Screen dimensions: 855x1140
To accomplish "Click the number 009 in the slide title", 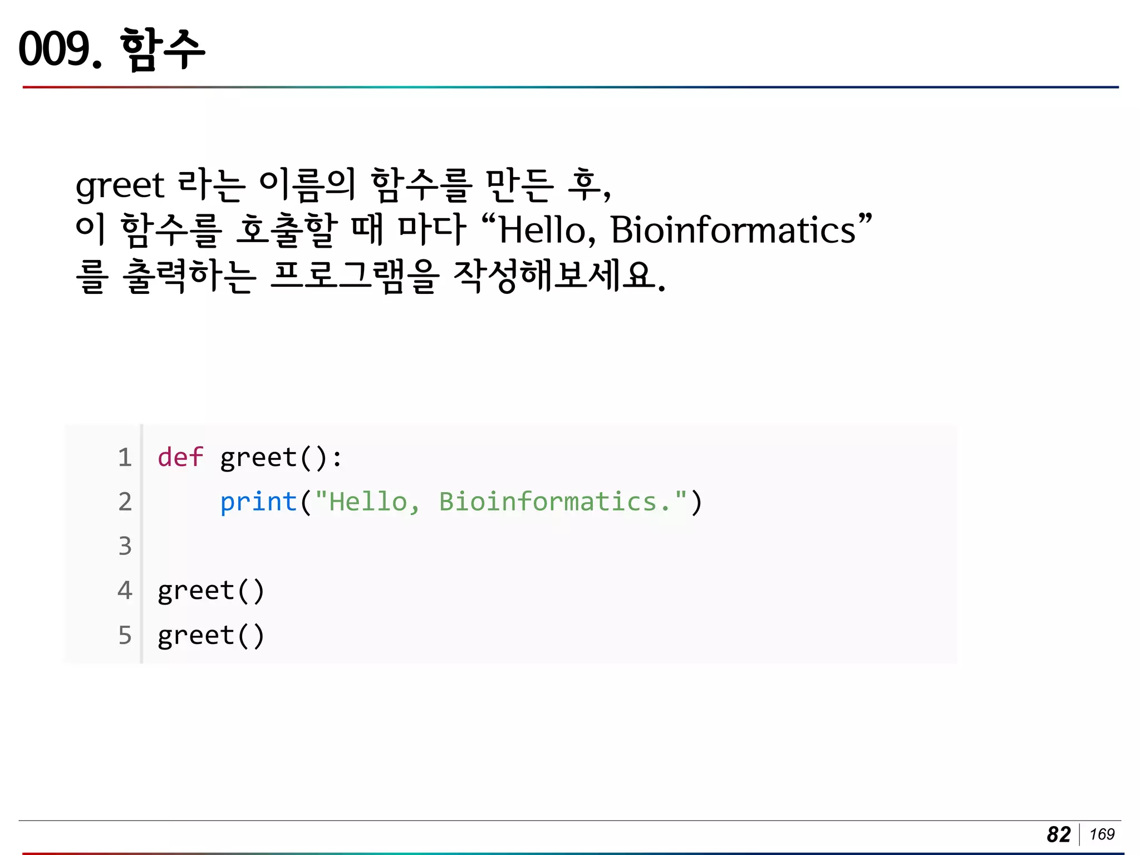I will coord(55,49).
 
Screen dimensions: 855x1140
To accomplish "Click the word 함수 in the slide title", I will coord(162,49).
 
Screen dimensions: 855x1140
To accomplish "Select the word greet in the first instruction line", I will coord(120,185).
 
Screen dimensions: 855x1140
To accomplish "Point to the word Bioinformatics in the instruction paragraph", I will coord(733,230).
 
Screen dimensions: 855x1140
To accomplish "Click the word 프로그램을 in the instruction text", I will coord(355,276).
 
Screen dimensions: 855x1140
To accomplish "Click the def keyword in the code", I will coord(180,458).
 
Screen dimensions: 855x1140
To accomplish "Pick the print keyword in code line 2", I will coord(258,502).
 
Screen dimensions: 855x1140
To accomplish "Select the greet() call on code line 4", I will coord(211,591).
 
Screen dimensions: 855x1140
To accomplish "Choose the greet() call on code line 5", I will coord(211,636).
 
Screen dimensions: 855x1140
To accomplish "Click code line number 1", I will coord(125,458).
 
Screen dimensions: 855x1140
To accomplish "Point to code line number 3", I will coord(125,546).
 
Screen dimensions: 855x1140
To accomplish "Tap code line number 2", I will coord(125,502).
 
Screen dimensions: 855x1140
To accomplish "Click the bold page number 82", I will coord(1058,834).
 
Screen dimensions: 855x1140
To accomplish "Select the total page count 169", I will coord(1102,834).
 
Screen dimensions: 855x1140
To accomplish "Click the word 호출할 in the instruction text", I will coord(287,230).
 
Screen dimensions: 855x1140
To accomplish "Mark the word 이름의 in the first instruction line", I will coord(307,185).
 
